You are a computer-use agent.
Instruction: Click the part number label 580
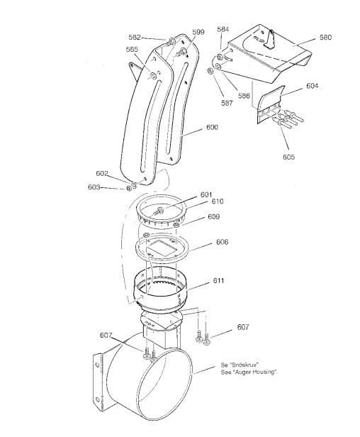(x=325, y=38)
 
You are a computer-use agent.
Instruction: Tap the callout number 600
(x=212, y=128)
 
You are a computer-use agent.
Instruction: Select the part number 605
(x=288, y=157)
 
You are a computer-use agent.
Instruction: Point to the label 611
(x=218, y=281)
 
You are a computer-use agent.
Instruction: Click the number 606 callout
(x=222, y=242)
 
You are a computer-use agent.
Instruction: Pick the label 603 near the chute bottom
(x=94, y=187)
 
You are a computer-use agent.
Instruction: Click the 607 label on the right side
(x=243, y=327)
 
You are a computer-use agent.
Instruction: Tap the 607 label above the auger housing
(x=106, y=335)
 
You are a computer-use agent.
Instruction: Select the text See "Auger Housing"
(x=249, y=372)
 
